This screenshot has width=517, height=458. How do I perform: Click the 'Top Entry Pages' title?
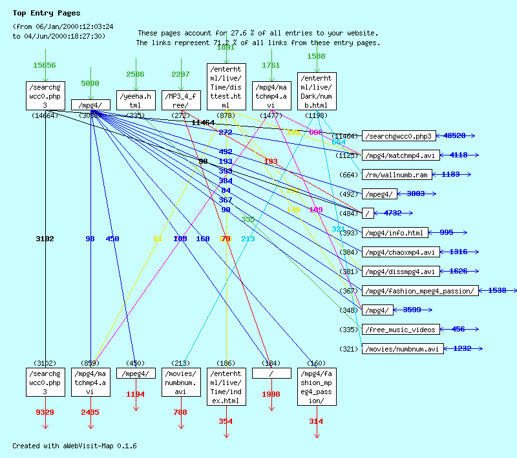(47, 13)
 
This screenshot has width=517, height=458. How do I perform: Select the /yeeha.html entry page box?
(136, 101)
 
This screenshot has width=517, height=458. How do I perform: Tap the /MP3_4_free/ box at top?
(181, 101)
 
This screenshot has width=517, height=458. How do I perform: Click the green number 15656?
(45, 65)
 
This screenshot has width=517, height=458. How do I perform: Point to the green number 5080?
(90, 83)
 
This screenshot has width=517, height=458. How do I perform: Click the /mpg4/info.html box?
(395, 233)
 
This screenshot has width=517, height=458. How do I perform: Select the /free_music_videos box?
(401, 330)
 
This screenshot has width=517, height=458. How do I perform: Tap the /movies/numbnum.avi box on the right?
(403, 349)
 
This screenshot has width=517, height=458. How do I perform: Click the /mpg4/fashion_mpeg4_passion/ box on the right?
(420, 291)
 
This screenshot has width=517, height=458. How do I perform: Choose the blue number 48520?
(456, 135)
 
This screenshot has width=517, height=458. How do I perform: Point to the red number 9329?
(45, 412)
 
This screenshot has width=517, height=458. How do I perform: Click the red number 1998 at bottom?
(271, 394)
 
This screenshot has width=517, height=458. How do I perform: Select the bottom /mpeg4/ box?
(136, 373)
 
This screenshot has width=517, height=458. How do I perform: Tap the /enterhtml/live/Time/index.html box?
(226, 387)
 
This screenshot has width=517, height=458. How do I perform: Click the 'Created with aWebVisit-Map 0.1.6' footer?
(74, 446)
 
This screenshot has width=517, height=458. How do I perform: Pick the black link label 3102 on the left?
(45, 239)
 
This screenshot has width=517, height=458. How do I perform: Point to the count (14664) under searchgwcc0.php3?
(45, 115)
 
